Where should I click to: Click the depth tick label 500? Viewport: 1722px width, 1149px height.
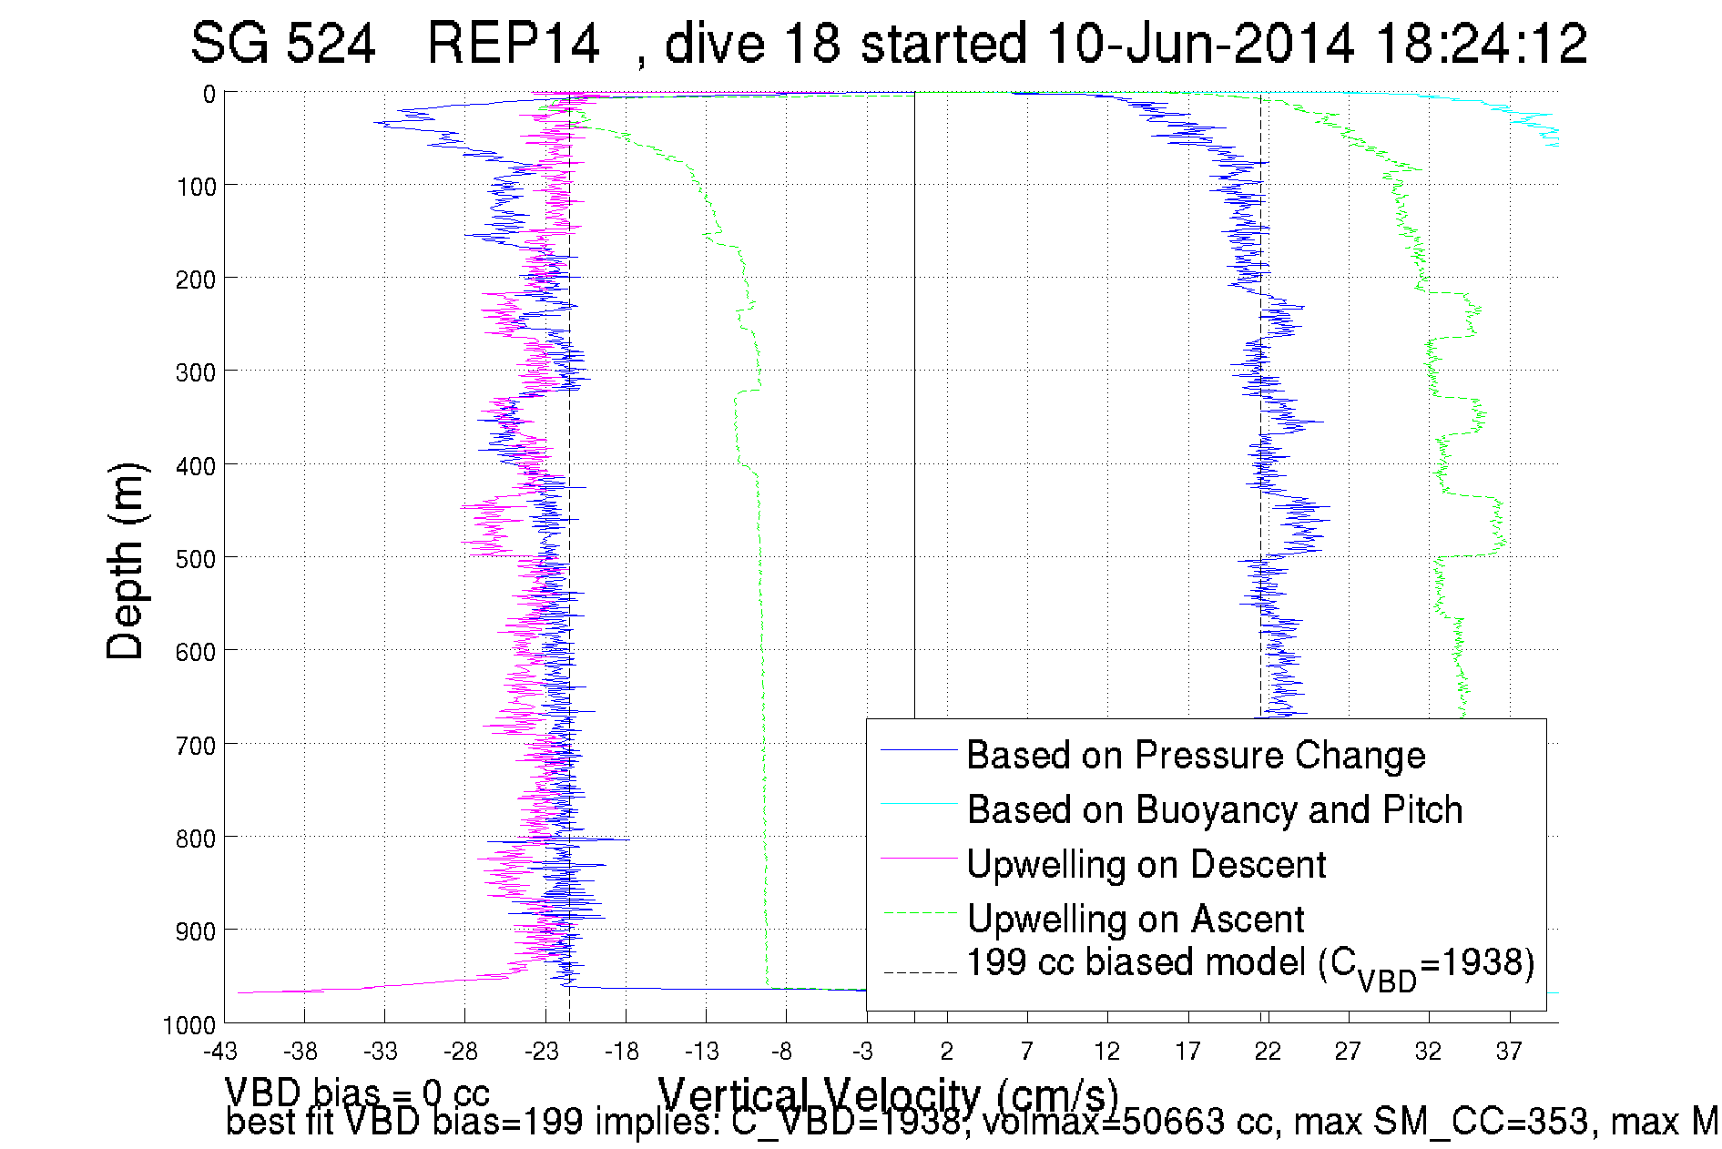coord(195,559)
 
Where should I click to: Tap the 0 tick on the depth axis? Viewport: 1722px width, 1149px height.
coord(209,94)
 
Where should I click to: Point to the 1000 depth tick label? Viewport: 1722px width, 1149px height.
coord(189,1026)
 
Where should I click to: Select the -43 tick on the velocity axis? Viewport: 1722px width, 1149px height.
coord(219,1052)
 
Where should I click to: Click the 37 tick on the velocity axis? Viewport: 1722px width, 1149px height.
coord(1508,1052)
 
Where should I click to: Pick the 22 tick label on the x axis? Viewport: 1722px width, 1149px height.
coord(1268,1052)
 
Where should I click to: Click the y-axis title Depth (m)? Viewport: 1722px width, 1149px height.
coord(126,561)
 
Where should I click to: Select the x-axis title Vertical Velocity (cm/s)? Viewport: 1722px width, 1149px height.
coord(888,1093)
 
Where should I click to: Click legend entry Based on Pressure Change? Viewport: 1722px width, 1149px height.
coord(1196,755)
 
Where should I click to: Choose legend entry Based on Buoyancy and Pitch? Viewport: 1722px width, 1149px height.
coord(1214,809)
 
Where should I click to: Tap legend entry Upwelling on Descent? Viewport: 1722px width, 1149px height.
coord(1146,864)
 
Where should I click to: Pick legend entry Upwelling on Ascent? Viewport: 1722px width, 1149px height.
coord(1136,919)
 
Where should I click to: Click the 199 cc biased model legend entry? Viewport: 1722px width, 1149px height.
coord(1250,964)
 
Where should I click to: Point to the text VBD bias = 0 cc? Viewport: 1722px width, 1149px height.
coord(357,1091)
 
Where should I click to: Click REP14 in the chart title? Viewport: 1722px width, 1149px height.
coord(514,44)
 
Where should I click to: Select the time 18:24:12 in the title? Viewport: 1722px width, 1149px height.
coord(1482,44)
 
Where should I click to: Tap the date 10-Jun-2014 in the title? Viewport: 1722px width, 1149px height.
coord(1200,44)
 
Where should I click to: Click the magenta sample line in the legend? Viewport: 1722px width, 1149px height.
coord(918,858)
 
